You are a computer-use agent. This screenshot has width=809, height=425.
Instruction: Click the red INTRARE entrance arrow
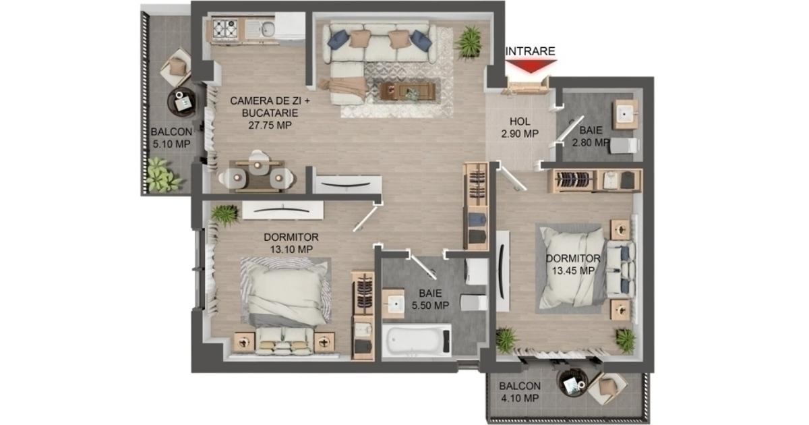pos(530,66)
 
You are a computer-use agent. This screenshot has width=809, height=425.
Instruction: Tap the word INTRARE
pos(530,51)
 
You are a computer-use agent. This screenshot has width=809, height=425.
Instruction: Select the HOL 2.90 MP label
pos(520,128)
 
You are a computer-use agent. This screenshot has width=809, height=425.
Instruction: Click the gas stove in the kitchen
pos(224,29)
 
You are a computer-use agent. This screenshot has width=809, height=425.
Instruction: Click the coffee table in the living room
pos(407,91)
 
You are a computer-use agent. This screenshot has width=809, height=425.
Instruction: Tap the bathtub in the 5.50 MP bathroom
pos(417,341)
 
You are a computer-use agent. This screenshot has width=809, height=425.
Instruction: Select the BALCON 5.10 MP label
pos(171,138)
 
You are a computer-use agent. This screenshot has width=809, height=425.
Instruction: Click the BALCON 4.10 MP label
pos(520,392)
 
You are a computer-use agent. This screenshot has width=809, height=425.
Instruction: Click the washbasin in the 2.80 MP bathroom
pos(624,115)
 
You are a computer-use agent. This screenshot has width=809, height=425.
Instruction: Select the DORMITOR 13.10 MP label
pos(291,243)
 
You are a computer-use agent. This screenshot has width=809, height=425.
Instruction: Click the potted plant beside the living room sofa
pos(469,42)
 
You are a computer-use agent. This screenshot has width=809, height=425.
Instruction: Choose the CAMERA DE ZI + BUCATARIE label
pos(270,113)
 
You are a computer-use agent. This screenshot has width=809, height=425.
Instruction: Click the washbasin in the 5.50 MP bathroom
pos(393,303)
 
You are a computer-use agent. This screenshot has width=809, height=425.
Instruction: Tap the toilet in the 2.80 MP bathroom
pos(624,145)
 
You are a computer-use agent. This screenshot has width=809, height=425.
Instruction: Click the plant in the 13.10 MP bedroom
pos(224,215)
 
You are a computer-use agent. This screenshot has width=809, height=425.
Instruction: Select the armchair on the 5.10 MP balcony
pos(177,67)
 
